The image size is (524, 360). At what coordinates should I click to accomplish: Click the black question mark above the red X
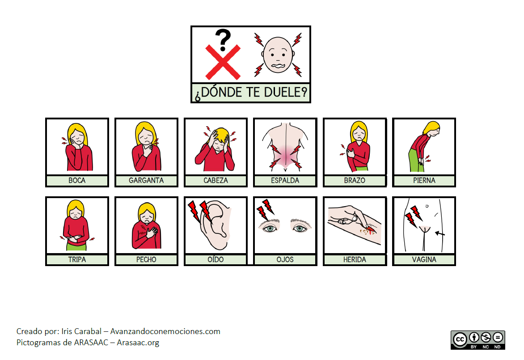pos(223,40)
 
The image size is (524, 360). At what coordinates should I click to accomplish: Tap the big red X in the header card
pos(223,62)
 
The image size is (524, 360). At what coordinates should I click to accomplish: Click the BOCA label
pos(77,181)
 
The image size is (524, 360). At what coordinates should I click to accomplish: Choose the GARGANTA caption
pos(146,181)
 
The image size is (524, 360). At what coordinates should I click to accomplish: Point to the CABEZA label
pos(216,181)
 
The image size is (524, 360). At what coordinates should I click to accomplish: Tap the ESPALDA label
pos(285,181)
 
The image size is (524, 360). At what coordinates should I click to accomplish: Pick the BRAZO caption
pos(355,181)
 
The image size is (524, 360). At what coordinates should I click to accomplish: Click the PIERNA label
pos(424,181)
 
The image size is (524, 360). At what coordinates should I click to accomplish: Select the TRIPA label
pos(77,259)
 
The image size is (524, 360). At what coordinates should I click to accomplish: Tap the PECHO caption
pos(146,259)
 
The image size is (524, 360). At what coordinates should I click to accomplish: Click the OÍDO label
pos(216,259)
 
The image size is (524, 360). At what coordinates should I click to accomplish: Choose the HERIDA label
pos(355,259)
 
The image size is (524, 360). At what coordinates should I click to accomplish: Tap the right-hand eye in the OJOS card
pos(300,226)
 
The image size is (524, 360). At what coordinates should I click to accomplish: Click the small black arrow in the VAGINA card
pos(440,233)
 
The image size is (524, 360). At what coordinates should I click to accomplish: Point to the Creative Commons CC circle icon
pos(460,339)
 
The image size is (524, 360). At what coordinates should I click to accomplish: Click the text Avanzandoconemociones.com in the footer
pos(165,331)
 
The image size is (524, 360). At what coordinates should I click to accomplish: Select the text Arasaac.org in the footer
pos(138,343)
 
